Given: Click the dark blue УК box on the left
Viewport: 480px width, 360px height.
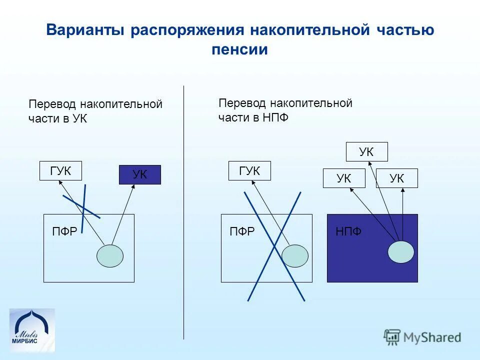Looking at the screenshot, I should click(x=139, y=174).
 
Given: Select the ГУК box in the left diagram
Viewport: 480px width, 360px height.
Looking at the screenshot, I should click(x=60, y=171).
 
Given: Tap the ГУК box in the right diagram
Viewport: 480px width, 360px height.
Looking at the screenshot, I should click(x=249, y=170).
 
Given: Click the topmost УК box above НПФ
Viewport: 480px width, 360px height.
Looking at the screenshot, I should click(x=366, y=152).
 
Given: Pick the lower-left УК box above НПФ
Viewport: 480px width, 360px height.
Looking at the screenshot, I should click(x=343, y=178).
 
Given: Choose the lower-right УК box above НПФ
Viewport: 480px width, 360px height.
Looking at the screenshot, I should click(x=396, y=178).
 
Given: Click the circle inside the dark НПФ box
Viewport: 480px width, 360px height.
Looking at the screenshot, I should click(x=401, y=251).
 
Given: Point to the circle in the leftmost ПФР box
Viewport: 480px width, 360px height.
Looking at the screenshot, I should click(x=109, y=255).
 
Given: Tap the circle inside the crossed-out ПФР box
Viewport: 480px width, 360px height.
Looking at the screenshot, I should click(x=295, y=255).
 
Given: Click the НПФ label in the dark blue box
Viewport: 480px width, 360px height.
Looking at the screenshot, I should click(x=348, y=231).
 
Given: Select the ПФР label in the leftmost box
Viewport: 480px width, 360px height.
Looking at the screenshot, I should click(x=64, y=231).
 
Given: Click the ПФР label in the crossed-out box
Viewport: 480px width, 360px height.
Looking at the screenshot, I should click(x=242, y=231).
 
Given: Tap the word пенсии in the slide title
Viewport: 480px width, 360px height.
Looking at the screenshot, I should click(x=239, y=50).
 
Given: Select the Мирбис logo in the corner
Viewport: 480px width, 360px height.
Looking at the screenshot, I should click(x=32, y=330).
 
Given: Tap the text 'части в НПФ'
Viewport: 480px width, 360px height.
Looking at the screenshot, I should click(x=253, y=117).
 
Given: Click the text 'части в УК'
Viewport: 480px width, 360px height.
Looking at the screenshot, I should click(x=58, y=119).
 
